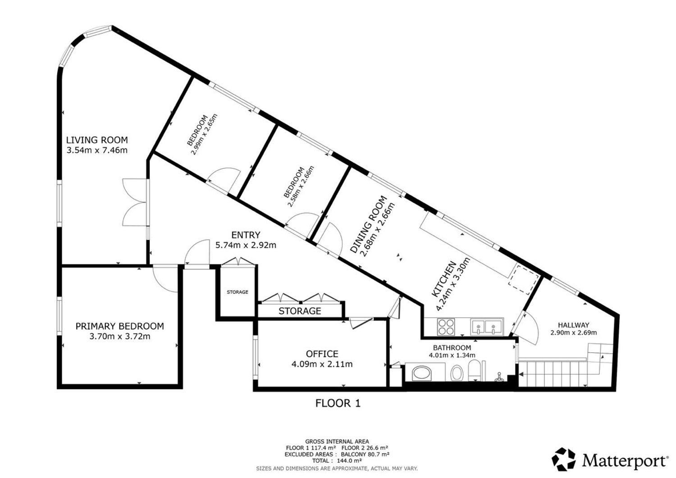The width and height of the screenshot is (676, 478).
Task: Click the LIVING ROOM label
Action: point(97,140)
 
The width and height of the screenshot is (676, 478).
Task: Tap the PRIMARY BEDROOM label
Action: point(120,326)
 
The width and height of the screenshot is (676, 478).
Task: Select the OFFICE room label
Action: point(322,354)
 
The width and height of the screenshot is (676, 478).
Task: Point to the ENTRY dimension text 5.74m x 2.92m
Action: point(246,245)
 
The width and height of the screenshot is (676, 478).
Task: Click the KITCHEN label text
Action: point(443,279)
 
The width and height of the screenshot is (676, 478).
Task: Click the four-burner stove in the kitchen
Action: point(446,327)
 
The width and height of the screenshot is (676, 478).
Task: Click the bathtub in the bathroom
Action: point(423,373)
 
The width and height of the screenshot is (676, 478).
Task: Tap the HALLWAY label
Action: point(573,325)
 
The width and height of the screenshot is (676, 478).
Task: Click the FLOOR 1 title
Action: point(338,403)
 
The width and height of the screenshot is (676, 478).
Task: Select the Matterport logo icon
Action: point(563,460)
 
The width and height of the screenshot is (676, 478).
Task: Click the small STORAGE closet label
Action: point(238,292)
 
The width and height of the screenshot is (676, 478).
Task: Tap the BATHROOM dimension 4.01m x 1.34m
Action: point(452,355)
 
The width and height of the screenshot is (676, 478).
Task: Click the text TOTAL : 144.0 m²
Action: point(337,461)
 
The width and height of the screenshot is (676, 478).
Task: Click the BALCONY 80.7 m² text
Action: point(365,454)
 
